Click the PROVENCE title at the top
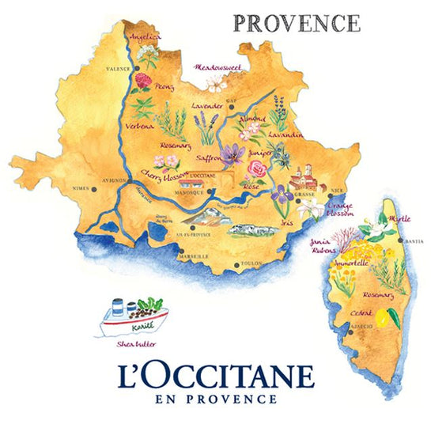(x=297, y=22)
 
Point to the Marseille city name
(x=193, y=256)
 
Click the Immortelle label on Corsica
(x=351, y=260)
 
